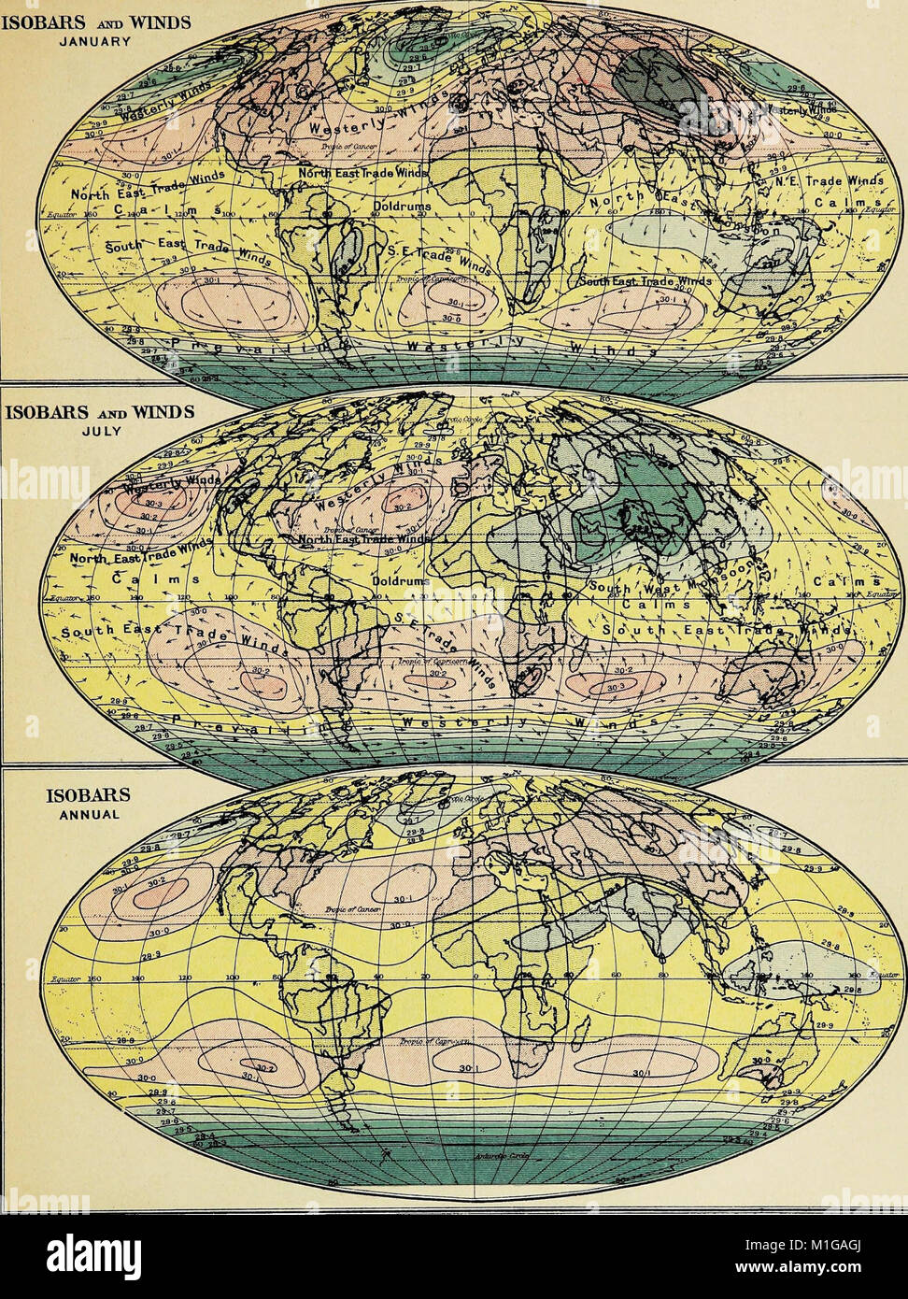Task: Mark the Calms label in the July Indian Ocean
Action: pos(660,606)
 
